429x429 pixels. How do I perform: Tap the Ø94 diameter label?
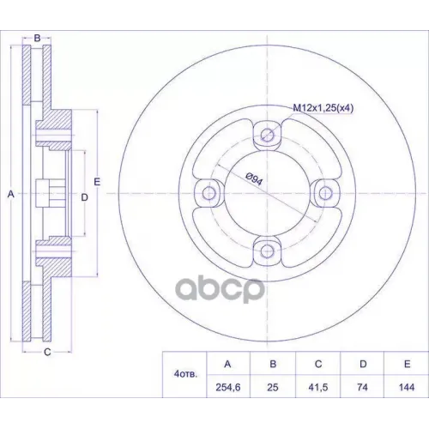pos(254,179)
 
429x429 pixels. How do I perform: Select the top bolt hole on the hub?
pos(267,134)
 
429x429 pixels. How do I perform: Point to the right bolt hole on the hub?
pos(325,192)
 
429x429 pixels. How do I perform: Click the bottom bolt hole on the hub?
pos(267,251)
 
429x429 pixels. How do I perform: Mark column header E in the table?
pos(405,363)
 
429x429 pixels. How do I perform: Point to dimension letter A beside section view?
pos(10,195)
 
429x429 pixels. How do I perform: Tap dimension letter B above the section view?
pos(38,38)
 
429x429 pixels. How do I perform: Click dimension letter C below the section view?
pos(47,352)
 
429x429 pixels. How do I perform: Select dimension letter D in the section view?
pos(84,197)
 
